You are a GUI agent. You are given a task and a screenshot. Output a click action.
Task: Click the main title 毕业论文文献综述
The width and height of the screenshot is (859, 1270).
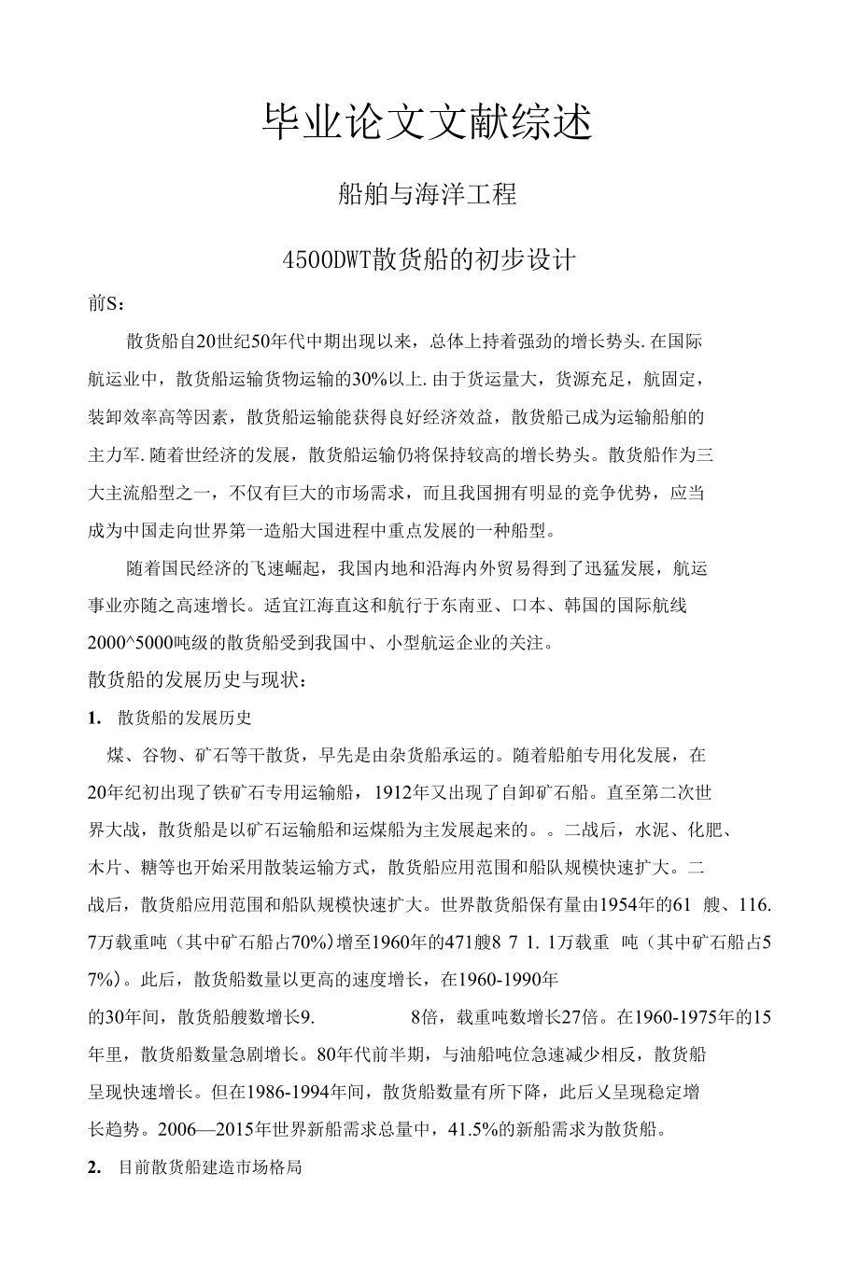[x=429, y=122]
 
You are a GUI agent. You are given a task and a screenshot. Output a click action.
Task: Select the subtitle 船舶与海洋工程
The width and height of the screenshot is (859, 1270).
[x=429, y=195]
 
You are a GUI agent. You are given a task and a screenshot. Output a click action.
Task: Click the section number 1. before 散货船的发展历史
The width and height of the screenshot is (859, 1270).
[x=93, y=718]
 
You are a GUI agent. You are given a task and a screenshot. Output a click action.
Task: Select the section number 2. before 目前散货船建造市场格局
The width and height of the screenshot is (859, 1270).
[x=93, y=1167]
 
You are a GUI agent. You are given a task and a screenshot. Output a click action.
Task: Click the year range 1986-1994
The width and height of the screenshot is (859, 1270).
[x=281, y=1092]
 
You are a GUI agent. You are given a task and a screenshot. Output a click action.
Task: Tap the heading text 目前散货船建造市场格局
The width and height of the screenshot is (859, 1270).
[x=210, y=1167]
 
